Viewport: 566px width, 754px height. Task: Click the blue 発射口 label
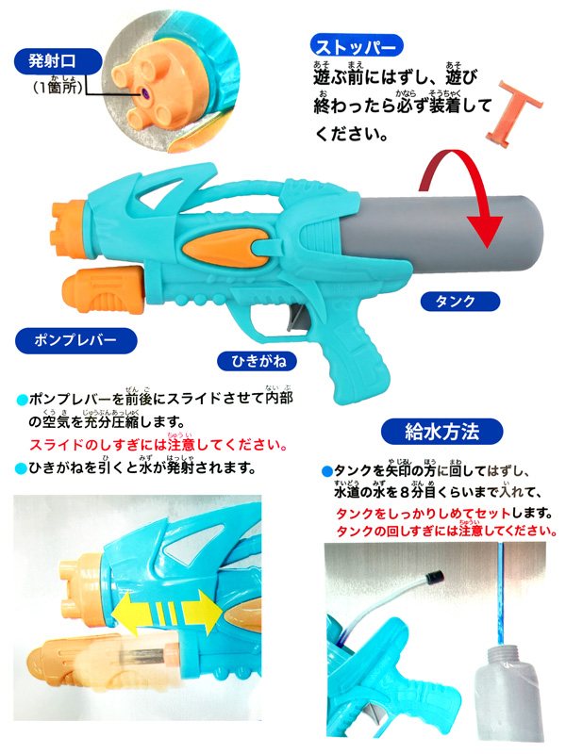pos(58,61)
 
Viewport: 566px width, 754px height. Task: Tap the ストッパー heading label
pos(357,46)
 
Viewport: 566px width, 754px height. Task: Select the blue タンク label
pos(459,302)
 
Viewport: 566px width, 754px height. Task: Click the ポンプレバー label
pos(76,340)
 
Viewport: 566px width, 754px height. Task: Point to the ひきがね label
pos(257,361)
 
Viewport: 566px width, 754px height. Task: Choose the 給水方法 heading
pos(441,432)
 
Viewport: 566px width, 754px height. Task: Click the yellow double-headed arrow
pos(167,614)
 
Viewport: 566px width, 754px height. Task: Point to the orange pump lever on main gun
pos(104,290)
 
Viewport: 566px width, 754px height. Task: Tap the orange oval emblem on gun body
pos(225,248)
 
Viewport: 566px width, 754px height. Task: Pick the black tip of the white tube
pos(435,575)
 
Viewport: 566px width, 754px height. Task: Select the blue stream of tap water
pos(501,595)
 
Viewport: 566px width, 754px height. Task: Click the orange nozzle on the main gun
pos(70,230)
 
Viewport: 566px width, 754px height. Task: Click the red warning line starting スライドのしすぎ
pos(158,444)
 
